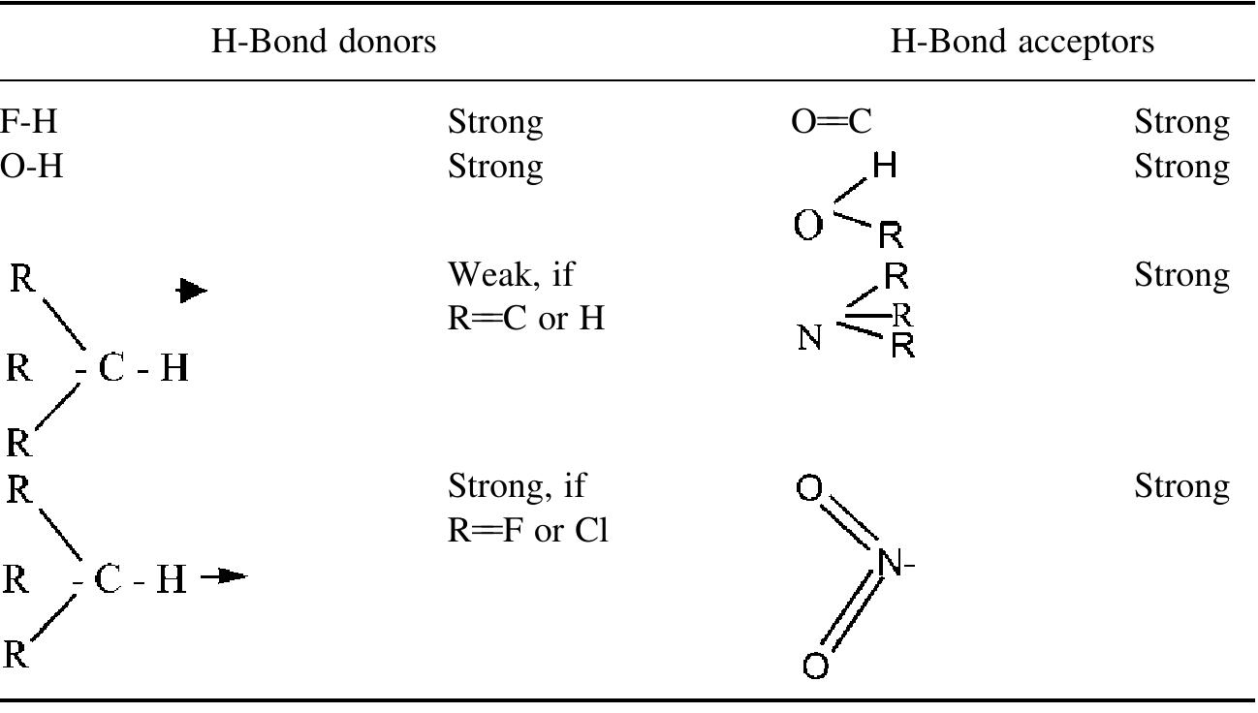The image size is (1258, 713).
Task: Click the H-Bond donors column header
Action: [325, 42]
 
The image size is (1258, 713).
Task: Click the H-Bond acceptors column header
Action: [1022, 42]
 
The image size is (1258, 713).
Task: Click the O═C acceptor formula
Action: [832, 123]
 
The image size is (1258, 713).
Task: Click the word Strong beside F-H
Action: [495, 123]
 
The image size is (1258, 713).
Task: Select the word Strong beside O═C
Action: [1181, 123]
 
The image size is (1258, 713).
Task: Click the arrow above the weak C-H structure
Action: [193, 290]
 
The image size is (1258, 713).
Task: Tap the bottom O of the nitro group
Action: [815, 666]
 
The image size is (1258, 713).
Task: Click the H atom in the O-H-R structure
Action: [883, 168]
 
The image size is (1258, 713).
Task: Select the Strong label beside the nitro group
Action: [1181, 484]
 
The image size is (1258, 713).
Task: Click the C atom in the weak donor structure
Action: [111, 369]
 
